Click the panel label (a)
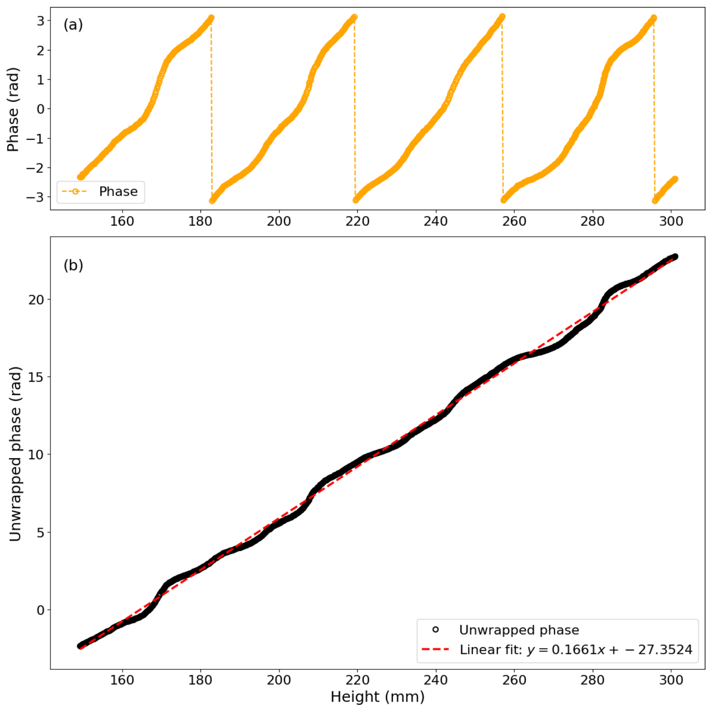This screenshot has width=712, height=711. coord(73,25)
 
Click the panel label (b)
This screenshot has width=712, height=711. coord(73,265)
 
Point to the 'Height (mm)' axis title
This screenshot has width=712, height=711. coord(377,697)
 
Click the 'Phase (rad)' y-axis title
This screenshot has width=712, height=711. coord(13,110)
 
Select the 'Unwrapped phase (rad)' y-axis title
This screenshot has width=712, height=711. coord(15,454)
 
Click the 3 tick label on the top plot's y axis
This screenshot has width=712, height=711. coord(40,21)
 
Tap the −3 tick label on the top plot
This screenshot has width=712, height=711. coord(35,197)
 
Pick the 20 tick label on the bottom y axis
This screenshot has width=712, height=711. coord(36,300)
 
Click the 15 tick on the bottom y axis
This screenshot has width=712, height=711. coord(36,377)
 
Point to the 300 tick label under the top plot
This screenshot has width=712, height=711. coord(671,221)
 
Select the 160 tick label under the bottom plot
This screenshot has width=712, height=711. coord(122,680)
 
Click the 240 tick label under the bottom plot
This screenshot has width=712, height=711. coord(436,680)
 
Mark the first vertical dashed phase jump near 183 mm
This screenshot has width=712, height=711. coord(211,109)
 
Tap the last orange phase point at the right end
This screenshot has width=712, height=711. coord(675,179)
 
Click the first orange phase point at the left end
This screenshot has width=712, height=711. coord(80,177)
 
